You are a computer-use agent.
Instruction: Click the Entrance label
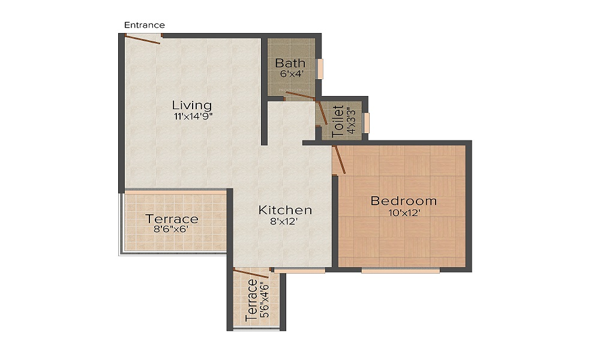[x=144, y=25]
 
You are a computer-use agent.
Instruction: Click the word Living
[x=191, y=105]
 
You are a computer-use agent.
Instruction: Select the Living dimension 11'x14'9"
[x=191, y=117]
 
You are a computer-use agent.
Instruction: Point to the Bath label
[x=290, y=63]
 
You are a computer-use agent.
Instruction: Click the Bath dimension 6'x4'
[x=291, y=74]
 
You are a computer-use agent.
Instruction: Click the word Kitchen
[x=285, y=210]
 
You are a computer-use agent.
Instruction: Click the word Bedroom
[x=403, y=201]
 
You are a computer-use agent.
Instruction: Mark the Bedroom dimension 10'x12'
[x=404, y=212]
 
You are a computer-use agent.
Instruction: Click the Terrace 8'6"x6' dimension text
[x=172, y=229]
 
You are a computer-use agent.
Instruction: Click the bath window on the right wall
[x=320, y=68]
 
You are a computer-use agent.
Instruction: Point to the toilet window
[x=366, y=122]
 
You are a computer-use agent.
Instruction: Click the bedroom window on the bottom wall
[x=400, y=271]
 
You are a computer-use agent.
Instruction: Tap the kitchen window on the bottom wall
[x=299, y=271]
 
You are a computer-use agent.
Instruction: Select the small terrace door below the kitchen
[x=251, y=275]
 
